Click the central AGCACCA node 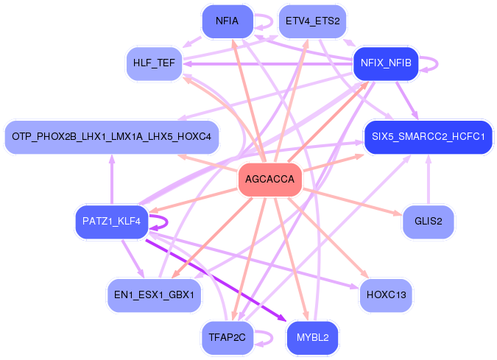pos(269,180)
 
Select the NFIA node pos(228,21)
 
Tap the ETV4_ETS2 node pos(312,21)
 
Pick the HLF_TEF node pos(154,63)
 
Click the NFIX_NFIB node pos(386,63)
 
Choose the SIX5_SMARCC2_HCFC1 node pos(428,137)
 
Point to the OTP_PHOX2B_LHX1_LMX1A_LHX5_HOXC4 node pos(112,137)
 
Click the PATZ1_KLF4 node pos(112,221)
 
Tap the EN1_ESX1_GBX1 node pos(154,294)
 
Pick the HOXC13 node pos(386,294)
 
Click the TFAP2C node pos(228,337)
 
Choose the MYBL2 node pos(312,337)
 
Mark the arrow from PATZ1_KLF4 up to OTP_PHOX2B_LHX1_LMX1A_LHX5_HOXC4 pos(112,180)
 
